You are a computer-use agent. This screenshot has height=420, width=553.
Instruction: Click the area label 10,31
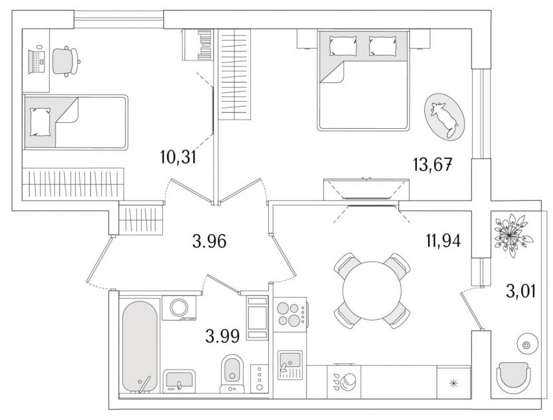point(178,157)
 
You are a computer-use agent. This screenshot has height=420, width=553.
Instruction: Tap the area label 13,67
point(433,164)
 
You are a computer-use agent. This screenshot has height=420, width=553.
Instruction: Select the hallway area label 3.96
point(209,242)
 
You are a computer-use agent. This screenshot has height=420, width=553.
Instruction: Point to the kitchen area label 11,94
point(443,241)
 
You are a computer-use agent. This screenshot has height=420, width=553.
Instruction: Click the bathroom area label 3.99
point(222,336)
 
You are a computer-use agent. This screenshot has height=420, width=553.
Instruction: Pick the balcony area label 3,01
point(521,292)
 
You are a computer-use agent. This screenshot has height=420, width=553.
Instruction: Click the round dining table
point(372,290)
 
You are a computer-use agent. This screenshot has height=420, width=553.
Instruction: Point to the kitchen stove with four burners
point(290,314)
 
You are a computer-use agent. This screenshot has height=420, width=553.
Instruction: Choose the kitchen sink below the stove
point(290,365)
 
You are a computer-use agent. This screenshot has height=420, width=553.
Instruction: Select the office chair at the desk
point(66,61)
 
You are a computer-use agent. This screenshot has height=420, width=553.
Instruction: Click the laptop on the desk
point(37,62)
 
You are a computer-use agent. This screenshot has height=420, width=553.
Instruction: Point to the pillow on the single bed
point(40,122)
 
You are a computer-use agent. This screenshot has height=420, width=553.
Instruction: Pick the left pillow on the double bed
point(343,46)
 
